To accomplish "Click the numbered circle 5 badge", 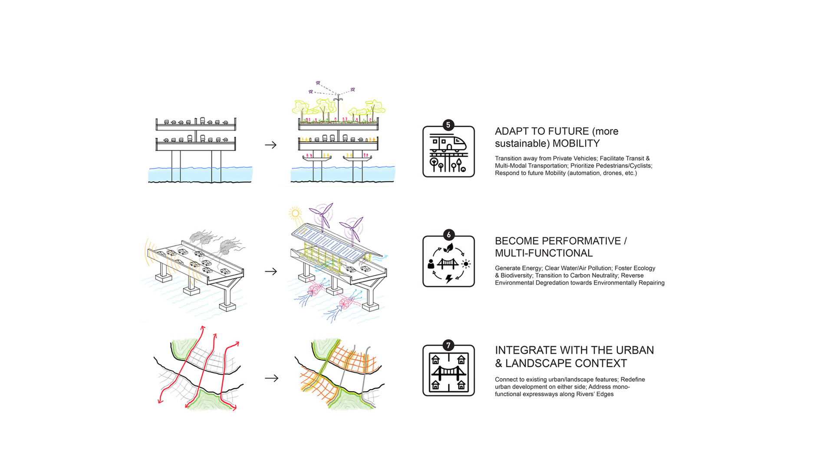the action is point(448,125).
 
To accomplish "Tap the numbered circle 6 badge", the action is point(448,235).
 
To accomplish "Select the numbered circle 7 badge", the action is point(448,345).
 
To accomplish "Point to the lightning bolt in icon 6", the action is point(449,278).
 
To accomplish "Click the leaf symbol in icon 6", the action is point(448,248).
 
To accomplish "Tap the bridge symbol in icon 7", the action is point(448,372).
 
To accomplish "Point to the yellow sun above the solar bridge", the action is point(295,213).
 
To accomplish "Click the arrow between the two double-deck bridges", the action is point(271,145).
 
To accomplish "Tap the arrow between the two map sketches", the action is point(271,378).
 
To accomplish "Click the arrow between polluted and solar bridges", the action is point(271,272).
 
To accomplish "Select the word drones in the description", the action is point(613,173).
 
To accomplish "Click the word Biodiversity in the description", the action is point(516,276).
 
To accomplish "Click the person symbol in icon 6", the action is point(431,264).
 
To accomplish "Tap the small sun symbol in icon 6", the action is point(466,264).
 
